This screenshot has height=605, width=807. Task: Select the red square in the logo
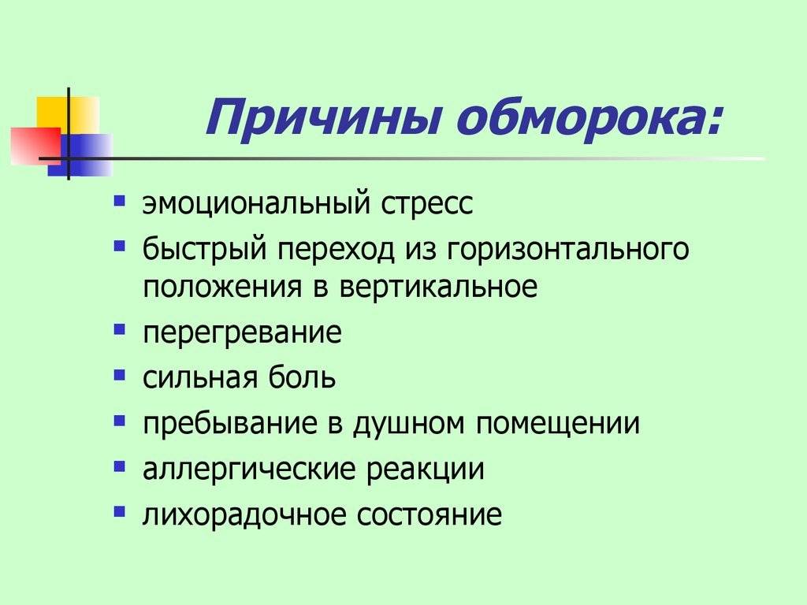(35, 146)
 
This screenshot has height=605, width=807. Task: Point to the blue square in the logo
(80, 155)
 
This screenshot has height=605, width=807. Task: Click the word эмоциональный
(256, 202)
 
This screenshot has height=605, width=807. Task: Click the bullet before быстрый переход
(120, 246)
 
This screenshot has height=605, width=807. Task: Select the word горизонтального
(567, 250)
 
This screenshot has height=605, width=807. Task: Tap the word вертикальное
(438, 287)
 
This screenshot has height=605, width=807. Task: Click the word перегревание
(242, 334)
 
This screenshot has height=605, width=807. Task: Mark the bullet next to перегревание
(120, 329)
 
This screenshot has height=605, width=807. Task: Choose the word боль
(302, 377)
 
